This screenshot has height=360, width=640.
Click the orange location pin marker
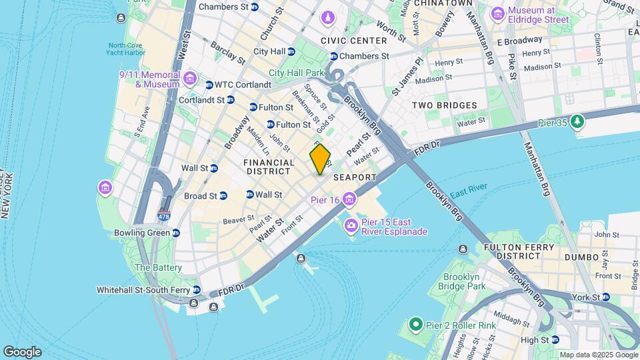click(320, 159)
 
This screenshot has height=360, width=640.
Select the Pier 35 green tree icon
click(577, 122)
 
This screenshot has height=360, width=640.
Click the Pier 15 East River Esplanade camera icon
click(351, 227)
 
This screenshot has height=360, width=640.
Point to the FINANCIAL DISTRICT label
click(269, 167)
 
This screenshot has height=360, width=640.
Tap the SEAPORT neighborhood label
click(355, 177)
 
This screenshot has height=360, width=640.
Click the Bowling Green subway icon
click(175, 233)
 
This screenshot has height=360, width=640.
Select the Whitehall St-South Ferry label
click(144, 290)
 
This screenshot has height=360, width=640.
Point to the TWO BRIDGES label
click(444, 105)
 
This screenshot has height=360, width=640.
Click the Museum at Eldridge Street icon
click(497, 13)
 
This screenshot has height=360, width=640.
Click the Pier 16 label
click(325, 199)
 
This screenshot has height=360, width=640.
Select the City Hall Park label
click(295, 73)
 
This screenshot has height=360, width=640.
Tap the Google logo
click(22, 352)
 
